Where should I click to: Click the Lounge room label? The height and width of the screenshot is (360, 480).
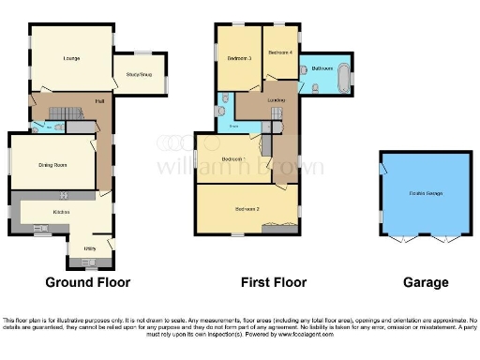pyautogui.click(x=71, y=60)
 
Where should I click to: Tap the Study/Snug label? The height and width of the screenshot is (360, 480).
pyautogui.click(x=140, y=72)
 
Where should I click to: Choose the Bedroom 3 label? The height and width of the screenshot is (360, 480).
pyautogui.click(x=239, y=58)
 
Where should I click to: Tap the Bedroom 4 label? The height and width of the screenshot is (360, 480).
pyautogui.click(x=280, y=52)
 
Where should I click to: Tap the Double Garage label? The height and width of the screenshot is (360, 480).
pyautogui.click(x=426, y=193)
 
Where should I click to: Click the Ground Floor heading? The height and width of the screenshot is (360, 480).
pyautogui.click(x=88, y=282)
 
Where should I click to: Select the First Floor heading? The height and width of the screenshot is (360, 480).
pyautogui.click(x=253, y=282)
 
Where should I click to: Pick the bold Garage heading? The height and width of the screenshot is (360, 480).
pyautogui.click(x=426, y=282)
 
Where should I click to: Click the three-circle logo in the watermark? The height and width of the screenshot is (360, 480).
pyautogui.click(x=170, y=142)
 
